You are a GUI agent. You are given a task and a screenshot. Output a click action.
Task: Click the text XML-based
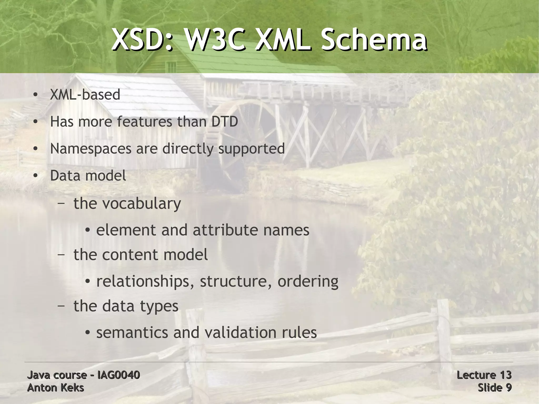(85, 95)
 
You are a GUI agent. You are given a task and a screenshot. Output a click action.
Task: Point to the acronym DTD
(224, 122)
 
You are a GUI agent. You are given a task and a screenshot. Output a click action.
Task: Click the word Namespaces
(91, 149)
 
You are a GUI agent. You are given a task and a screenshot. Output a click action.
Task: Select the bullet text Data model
(88, 176)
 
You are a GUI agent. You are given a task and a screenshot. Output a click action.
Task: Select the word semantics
(132, 332)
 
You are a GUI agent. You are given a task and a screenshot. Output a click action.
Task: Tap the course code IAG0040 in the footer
(118, 375)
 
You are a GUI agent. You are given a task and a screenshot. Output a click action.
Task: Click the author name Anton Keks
(56, 388)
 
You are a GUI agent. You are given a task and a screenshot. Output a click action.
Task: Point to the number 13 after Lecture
(505, 375)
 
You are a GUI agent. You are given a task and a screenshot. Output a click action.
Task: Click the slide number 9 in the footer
(508, 388)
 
